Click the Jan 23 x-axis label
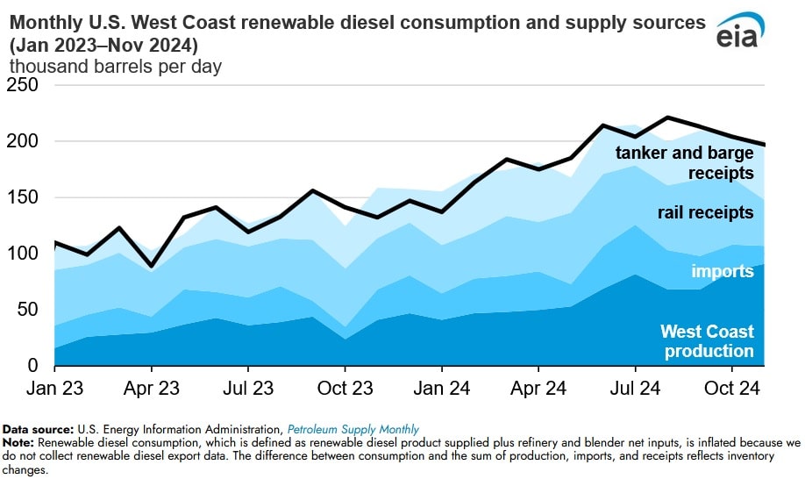click(x=54, y=387)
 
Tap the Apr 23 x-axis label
click(x=151, y=387)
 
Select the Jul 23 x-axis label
click(x=247, y=387)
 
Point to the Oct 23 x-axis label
click(x=345, y=387)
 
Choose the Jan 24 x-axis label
click(x=441, y=387)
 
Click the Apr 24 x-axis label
click(x=538, y=387)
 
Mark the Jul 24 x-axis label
click(x=634, y=387)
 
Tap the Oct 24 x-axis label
click(x=731, y=387)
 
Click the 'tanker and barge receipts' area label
click(x=684, y=162)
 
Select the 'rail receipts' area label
click(x=705, y=213)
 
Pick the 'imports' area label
click(x=723, y=271)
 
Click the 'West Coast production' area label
click(x=707, y=342)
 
